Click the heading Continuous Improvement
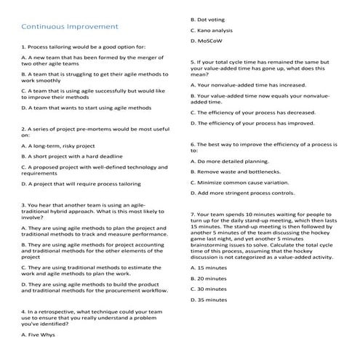[70, 27]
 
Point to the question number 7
[192, 215]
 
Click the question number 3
[23, 205]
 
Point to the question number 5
[192, 63]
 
